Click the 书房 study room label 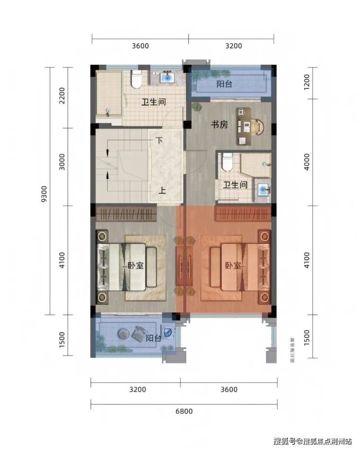219,125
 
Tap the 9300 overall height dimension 44,194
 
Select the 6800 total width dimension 184,411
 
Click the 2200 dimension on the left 62,96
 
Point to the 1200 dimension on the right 306,83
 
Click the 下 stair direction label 159,141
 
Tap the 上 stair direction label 162,190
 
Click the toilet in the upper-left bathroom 136,79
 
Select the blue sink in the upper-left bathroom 167,77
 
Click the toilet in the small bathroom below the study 228,162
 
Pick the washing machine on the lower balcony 167,332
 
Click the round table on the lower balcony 124,333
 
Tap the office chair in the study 258,126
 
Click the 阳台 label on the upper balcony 224,84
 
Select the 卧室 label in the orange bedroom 233,266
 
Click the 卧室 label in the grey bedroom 135,266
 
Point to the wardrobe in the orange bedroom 243,214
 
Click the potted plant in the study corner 197,107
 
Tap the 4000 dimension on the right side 306,162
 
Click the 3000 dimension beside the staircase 62,162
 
